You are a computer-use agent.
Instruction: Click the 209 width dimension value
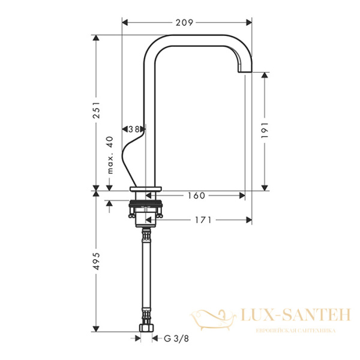click(x=184, y=23)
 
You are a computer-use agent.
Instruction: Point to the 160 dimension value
click(x=196, y=196)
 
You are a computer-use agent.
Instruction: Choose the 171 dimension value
click(x=203, y=220)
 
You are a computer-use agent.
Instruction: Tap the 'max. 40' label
click(x=110, y=155)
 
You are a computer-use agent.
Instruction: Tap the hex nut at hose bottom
click(x=145, y=329)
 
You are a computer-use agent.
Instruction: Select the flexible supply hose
click(x=145, y=276)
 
